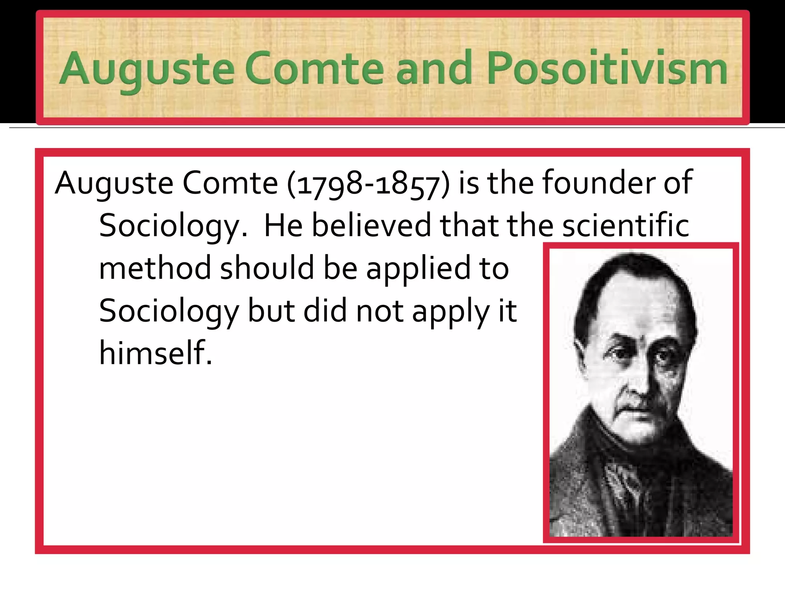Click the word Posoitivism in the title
(607, 69)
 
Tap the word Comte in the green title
(314, 69)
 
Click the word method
(155, 268)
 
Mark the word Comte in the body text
(230, 183)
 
